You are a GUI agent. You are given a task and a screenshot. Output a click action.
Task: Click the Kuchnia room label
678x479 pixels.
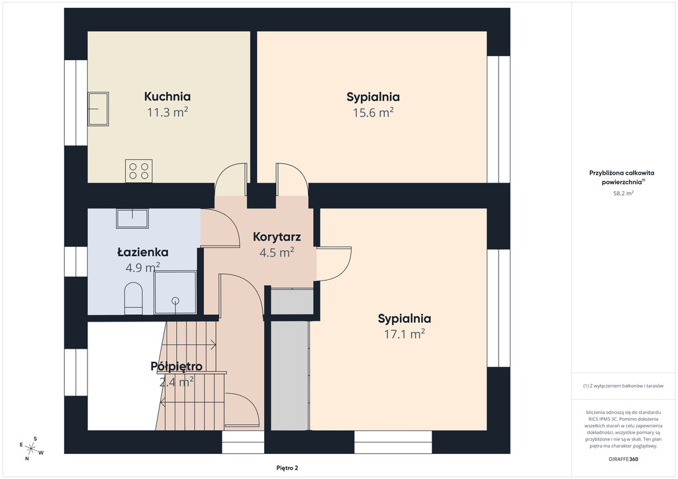[x=168, y=97]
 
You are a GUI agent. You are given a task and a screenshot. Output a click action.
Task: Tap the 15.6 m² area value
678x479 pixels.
[x=373, y=112]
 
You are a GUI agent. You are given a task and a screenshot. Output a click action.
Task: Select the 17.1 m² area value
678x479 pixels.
[x=405, y=334]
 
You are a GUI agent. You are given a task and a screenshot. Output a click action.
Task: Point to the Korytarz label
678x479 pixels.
[x=277, y=237]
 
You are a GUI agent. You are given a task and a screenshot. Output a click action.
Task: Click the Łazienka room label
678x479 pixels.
[x=143, y=252]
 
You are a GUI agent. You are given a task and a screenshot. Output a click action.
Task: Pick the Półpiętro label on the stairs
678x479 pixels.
[x=176, y=367]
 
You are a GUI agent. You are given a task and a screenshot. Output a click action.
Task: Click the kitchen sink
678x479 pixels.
[x=99, y=109]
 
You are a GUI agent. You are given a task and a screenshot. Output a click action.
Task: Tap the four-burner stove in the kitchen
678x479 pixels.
[x=139, y=171]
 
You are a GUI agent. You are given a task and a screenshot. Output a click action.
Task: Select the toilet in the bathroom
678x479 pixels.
[x=133, y=298]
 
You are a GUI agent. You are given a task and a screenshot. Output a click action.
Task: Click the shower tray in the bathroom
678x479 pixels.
[x=175, y=292]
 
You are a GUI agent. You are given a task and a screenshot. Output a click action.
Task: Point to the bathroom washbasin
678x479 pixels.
[x=132, y=218]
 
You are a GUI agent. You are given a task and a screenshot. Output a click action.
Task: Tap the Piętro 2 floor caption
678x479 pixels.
[x=287, y=468]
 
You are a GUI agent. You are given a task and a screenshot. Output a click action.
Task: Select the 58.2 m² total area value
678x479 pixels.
[x=623, y=193]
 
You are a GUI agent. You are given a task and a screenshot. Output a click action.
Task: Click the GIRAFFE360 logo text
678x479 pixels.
[x=623, y=459]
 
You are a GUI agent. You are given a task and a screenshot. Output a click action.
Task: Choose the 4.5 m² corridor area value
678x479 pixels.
[x=277, y=252]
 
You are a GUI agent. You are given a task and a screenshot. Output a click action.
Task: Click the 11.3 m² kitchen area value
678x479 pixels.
[x=168, y=112]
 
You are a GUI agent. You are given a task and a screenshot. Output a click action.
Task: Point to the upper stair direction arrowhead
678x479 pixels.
[x=214, y=344]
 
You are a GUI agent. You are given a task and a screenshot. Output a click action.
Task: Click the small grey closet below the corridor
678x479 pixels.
[x=292, y=302]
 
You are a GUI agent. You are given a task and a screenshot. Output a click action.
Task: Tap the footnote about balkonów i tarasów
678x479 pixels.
[x=623, y=386]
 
